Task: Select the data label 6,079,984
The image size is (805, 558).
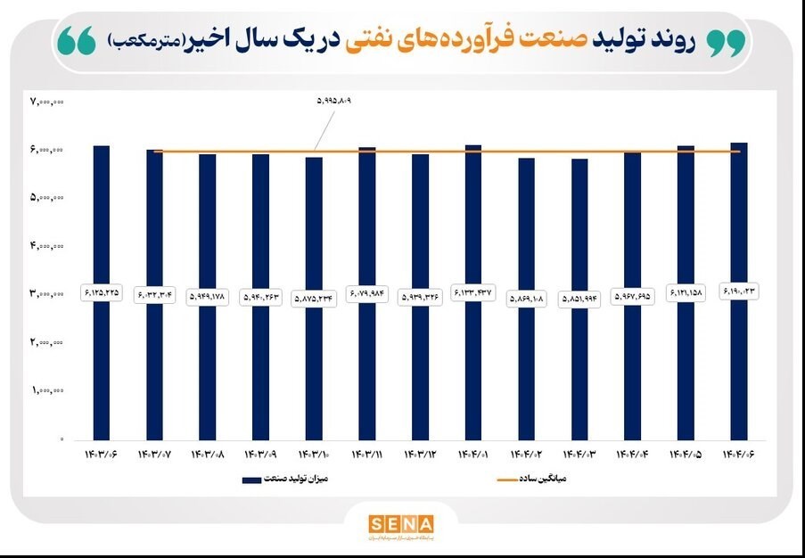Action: click(367, 293)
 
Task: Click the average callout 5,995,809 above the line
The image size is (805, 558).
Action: click(334, 102)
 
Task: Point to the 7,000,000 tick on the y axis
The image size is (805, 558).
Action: click(47, 102)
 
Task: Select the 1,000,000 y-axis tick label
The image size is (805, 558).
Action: click(47, 390)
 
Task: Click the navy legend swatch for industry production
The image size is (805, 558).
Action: click(262, 480)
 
